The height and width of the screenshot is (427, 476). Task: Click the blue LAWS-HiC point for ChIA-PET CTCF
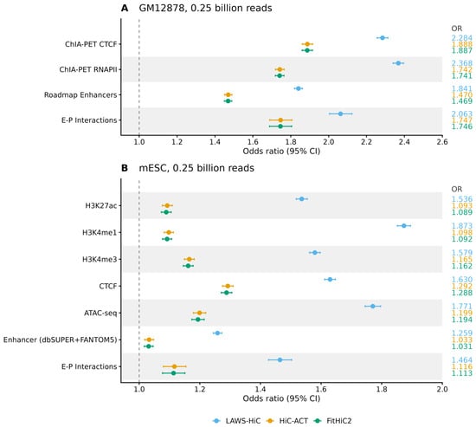tap(383, 38)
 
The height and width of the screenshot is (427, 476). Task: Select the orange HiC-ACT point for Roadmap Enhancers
tap(228, 94)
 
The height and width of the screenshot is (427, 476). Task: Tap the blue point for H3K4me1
tap(404, 226)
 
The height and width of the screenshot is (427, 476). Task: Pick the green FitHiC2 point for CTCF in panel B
tap(227, 293)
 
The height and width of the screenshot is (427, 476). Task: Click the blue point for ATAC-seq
tap(373, 306)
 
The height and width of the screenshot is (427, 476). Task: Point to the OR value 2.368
tap(462, 63)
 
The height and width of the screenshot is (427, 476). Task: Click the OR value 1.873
tap(462, 226)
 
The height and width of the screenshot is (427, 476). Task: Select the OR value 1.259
tap(462, 333)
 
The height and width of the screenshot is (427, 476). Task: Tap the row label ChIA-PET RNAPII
tap(88, 69)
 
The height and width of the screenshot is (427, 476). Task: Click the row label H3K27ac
tap(101, 206)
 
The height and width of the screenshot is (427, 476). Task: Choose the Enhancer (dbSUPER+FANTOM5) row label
tap(60, 340)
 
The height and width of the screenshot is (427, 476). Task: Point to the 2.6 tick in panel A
tap(442, 142)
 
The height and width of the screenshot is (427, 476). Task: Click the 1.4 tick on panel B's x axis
tap(261, 389)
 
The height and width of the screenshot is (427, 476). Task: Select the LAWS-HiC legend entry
tap(237, 421)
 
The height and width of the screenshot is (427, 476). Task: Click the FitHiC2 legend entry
tap(333, 421)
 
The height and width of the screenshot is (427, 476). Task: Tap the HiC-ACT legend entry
tap(287, 421)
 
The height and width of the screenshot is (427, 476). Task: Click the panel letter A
tap(125, 8)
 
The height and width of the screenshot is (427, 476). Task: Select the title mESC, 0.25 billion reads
tap(196, 168)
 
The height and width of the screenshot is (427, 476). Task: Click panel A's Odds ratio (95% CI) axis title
tap(281, 151)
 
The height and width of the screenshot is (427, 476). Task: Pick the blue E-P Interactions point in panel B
tap(280, 359)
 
